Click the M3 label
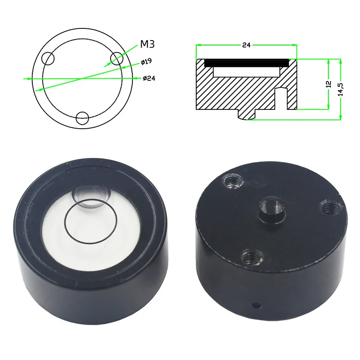[148, 44]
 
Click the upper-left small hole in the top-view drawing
[48, 58]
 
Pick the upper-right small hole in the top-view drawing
[117, 58]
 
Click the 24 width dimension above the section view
[246, 45]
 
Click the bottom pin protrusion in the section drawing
[246, 115]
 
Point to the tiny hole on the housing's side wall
[256, 305]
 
